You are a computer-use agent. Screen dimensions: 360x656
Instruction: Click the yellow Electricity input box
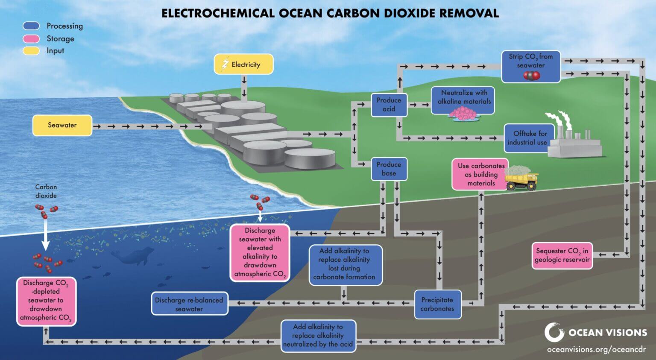[243, 64]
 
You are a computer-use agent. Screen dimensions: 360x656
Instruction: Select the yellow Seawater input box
[62, 125]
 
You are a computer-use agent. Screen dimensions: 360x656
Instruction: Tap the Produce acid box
[389, 105]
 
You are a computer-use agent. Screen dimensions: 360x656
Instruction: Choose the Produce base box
[389, 169]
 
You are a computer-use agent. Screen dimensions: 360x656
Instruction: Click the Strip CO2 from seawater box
[530, 67]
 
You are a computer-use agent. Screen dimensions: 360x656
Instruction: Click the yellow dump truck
[521, 179]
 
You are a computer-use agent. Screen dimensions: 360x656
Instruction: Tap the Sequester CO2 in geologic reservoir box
[562, 255]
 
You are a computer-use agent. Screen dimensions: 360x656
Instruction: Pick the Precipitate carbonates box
[437, 304]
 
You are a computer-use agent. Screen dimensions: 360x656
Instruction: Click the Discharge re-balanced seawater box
[189, 304]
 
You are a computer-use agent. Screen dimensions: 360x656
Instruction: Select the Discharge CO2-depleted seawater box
[46, 301]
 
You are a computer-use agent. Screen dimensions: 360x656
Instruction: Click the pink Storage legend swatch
[31, 39]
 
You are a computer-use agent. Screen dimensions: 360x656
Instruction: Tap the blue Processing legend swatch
[31, 26]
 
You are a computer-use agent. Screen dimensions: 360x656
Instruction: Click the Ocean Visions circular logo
[554, 332]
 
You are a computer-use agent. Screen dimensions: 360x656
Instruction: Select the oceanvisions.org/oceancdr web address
[596, 349]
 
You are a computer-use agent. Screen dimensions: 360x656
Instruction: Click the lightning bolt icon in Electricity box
[225, 64]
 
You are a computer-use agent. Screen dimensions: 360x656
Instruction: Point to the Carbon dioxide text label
[46, 191]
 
